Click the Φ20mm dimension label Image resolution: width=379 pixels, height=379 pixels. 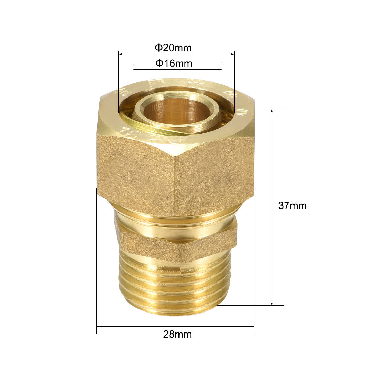(x=173, y=48)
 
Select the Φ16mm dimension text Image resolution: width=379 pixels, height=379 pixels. (x=174, y=63)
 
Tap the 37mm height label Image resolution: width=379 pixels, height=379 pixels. (x=292, y=206)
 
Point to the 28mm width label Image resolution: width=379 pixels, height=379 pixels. (x=177, y=334)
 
